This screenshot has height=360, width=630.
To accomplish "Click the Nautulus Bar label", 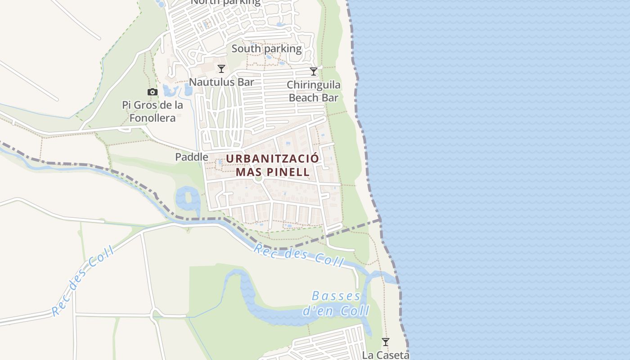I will [221, 82].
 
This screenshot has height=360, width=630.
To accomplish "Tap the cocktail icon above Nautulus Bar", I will [221, 69].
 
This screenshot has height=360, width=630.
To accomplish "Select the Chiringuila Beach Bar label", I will [314, 91].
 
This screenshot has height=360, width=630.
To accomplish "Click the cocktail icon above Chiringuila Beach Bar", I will [314, 72].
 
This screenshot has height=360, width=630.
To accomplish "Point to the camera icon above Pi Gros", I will [153, 92].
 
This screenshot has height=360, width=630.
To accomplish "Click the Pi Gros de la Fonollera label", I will [153, 112].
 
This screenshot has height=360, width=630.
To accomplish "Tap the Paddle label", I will [192, 157].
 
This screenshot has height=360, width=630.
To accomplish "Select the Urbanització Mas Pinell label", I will [273, 165].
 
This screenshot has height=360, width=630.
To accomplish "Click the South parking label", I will [266, 48].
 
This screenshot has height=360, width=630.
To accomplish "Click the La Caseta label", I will [386, 355].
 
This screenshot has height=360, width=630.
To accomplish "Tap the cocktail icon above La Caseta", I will [386, 342].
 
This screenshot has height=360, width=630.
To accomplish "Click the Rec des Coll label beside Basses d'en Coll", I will [299, 254].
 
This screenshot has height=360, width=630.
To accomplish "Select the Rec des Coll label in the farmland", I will [83, 280].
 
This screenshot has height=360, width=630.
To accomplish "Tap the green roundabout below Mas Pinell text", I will [258, 178].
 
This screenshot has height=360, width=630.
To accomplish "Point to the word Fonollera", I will [153, 118].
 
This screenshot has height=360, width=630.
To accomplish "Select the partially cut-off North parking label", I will [225, 2].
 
